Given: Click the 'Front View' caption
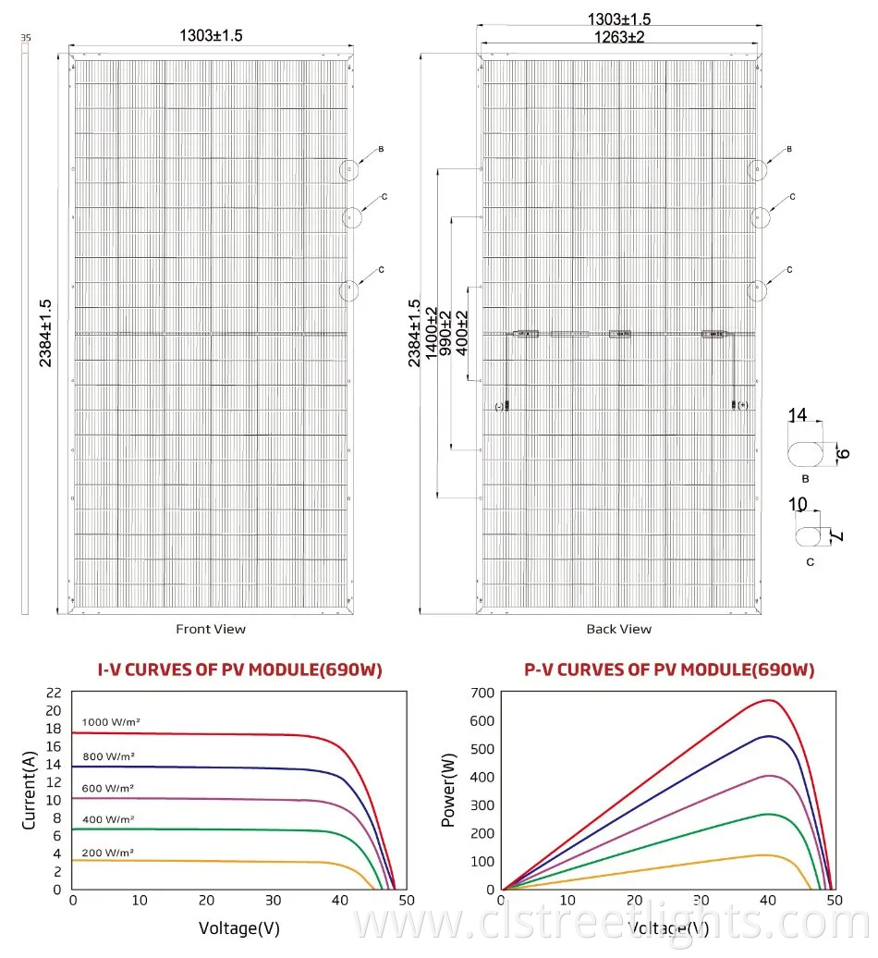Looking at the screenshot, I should pyautogui.click(x=211, y=629).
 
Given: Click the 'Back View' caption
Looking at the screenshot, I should pyautogui.click(x=618, y=629).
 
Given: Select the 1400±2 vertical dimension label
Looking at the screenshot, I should pyautogui.click(x=431, y=329).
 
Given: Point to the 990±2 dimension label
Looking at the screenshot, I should pyautogui.click(x=447, y=329).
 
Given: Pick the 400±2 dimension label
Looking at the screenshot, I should pyautogui.click(x=463, y=329).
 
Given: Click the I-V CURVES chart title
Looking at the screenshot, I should pyautogui.click(x=239, y=670).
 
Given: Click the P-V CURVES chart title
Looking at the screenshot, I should pyautogui.click(x=669, y=670).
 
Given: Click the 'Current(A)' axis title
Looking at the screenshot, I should pyautogui.click(x=28, y=791).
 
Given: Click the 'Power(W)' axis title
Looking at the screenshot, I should pyautogui.click(x=449, y=791).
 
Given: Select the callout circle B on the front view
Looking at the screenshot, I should pyautogui.click(x=349, y=170).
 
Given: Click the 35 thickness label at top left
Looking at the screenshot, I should pyautogui.click(x=25, y=38).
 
